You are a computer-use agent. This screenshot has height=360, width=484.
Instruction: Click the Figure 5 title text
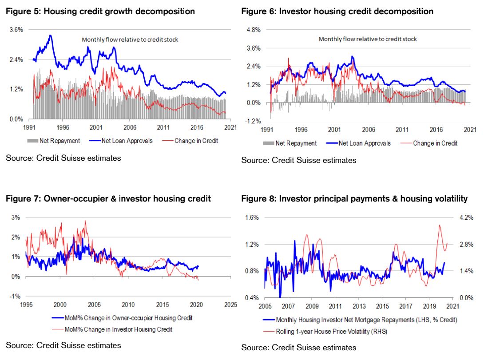click(100, 12)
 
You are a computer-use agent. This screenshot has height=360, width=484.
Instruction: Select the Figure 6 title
click(337, 12)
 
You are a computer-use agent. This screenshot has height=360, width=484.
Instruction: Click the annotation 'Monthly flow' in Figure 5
click(130, 40)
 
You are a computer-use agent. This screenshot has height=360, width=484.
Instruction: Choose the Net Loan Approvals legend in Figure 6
click(364, 143)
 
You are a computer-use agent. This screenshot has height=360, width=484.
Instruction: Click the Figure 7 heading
click(108, 198)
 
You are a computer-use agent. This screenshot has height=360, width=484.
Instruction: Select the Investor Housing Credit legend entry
click(118, 329)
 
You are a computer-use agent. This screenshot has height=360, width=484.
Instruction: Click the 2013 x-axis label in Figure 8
click(359, 306)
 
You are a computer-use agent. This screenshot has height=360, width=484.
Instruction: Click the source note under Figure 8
click(298, 348)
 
